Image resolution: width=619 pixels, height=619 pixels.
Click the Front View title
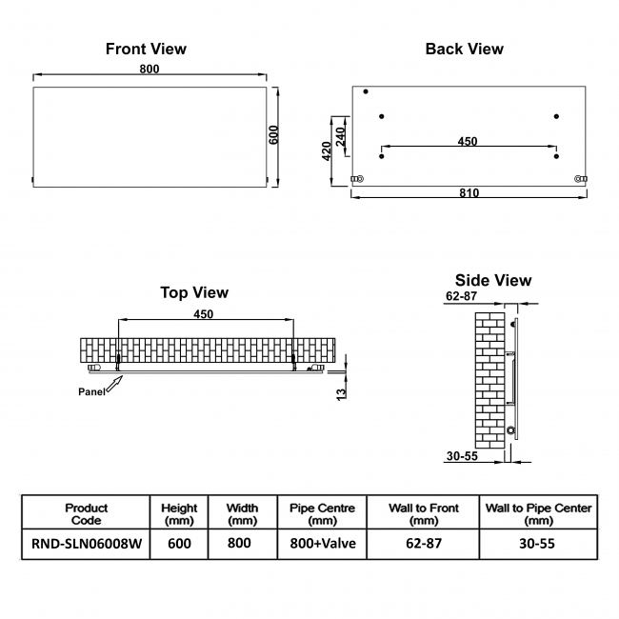[x=146, y=49]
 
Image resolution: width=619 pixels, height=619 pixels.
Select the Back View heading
[x=464, y=49]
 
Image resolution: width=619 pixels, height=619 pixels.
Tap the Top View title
[x=194, y=292]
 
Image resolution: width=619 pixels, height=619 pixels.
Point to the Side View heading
[x=493, y=280]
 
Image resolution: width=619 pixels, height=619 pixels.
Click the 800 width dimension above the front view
[x=150, y=69]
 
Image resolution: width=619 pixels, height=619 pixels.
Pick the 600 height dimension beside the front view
[x=274, y=134]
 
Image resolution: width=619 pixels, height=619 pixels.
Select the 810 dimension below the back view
[x=468, y=193]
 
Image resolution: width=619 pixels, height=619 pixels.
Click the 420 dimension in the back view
[x=327, y=151]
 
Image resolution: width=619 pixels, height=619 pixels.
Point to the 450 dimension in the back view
[x=467, y=142]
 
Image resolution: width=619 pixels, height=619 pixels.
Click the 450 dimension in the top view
[x=203, y=313]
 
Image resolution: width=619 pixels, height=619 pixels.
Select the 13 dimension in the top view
[x=341, y=393]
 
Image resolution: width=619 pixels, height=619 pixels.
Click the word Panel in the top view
[x=91, y=391]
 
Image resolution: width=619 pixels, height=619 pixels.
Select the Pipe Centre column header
[x=322, y=513]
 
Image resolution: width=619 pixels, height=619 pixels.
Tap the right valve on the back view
[x=580, y=178]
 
